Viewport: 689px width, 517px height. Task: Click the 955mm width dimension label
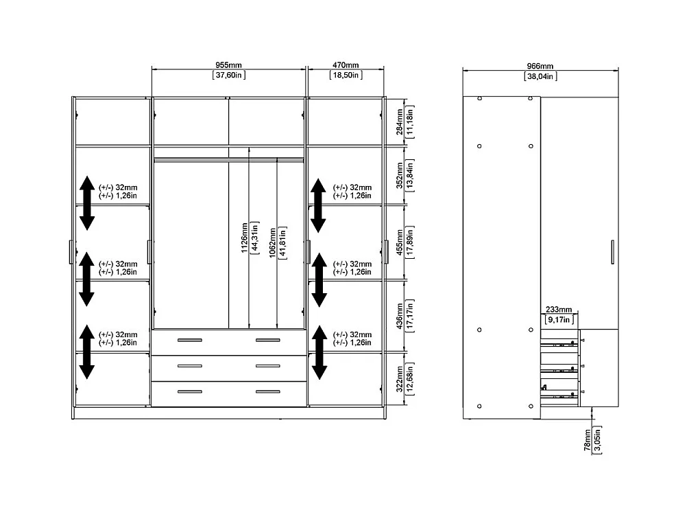pyautogui.click(x=228, y=65)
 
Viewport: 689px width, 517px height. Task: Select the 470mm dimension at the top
pyautogui.click(x=346, y=65)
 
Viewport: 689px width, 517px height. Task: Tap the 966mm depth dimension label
pyautogui.click(x=540, y=66)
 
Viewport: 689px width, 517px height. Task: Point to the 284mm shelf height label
pyautogui.click(x=400, y=122)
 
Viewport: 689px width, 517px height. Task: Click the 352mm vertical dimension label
pyautogui.click(x=400, y=175)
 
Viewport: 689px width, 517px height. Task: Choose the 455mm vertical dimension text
pyautogui.click(x=400, y=242)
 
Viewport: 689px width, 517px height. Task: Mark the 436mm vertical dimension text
pyautogui.click(x=400, y=316)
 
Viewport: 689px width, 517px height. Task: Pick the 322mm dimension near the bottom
pyautogui.click(x=400, y=379)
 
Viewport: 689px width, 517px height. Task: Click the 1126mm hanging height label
pyautogui.click(x=245, y=238)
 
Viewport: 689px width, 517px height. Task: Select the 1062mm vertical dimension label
pyautogui.click(x=272, y=243)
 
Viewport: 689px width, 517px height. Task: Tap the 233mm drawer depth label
pyautogui.click(x=559, y=310)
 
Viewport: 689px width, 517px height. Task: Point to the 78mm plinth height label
pyautogui.click(x=588, y=439)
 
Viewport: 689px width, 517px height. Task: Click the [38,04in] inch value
pyautogui.click(x=540, y=76)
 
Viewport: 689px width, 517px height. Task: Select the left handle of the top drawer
pyautogui.click(x=190, y=340)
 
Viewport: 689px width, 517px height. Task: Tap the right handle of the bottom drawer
pyautogui.click(x=267, y=391)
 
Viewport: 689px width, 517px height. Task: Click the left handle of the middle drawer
pyautogui.click(x=190, y=366)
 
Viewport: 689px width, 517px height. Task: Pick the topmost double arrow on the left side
pyautogui.click(x=87, y=203)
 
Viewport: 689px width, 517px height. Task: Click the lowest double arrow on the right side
pyautogui.click(x=319, y=352)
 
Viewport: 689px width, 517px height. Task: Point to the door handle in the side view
pyautogui.click(x=612, y=252)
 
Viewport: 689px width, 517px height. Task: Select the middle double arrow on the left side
pyautogui.click(x=87, y=279)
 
